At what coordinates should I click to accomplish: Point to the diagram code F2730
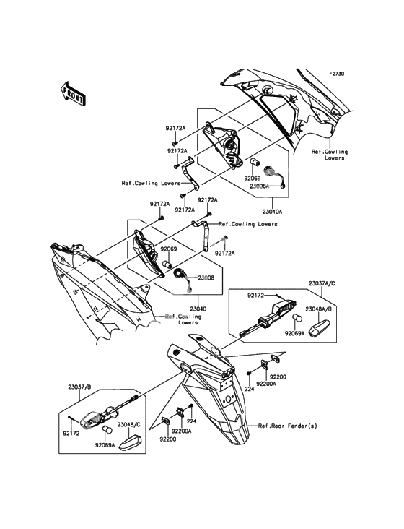pos(336,73)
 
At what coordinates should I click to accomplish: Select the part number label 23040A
pos(273,212)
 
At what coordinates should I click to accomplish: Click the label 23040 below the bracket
pos(198,309)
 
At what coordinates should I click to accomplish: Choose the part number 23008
pos(206,278)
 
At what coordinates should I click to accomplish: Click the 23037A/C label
pos(322,283)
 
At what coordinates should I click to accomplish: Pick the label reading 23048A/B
pos(318,309)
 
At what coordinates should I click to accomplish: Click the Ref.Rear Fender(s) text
pos(288,426)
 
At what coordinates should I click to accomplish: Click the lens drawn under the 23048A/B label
pos(318,327)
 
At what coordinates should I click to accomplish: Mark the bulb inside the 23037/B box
pos(107,430)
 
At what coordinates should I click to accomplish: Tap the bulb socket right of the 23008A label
pos(275,176)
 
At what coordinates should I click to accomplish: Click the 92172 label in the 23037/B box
pos(71,434)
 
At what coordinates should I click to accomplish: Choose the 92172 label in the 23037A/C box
pos(255,296)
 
